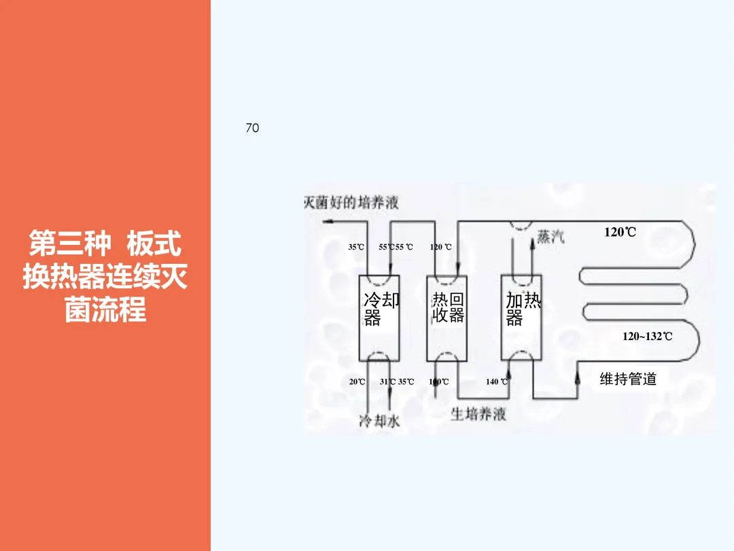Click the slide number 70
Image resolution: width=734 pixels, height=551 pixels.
(252, 128)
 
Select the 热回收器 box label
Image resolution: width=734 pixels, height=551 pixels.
(448, 308)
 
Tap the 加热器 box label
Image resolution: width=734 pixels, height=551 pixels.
(523, 309)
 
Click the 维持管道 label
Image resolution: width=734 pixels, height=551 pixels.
(628, 379)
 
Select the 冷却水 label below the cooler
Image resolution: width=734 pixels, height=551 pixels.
(379, 422)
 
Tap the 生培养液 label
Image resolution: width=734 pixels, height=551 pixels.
(478, 414)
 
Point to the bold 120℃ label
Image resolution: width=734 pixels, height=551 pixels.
(620, 233)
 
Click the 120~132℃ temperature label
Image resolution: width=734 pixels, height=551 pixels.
(647, 336)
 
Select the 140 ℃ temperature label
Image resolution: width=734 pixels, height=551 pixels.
(495, 382)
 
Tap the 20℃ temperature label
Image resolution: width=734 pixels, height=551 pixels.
(357, 382)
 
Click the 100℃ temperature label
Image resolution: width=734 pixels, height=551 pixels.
(439, 382)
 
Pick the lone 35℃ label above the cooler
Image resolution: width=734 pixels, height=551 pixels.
(356, 247)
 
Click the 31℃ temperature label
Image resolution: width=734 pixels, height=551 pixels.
(388, 382)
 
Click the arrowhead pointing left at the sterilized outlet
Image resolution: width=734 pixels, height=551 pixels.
(327, 221)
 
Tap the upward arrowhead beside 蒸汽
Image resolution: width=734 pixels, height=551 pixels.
(532, 244)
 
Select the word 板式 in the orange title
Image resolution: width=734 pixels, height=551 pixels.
(154, 243)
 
